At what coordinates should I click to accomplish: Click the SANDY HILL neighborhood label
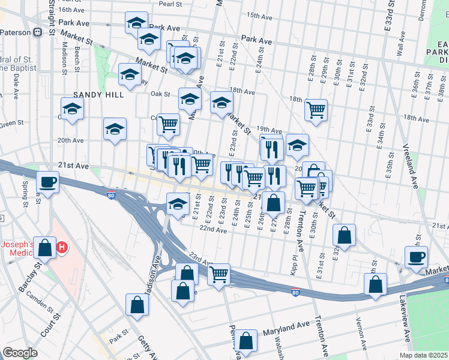98,95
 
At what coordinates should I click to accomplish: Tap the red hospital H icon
61,247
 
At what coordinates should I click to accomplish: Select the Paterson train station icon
38,32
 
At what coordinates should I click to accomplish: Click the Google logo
20,353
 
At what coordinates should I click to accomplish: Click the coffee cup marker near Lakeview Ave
416,258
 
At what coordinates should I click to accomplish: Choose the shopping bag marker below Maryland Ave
247,342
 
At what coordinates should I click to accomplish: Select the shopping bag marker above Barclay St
44,247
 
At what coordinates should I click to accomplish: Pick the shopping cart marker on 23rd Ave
219,275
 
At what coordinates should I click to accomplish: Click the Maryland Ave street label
286,329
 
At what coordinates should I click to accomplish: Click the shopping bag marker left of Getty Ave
137,305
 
